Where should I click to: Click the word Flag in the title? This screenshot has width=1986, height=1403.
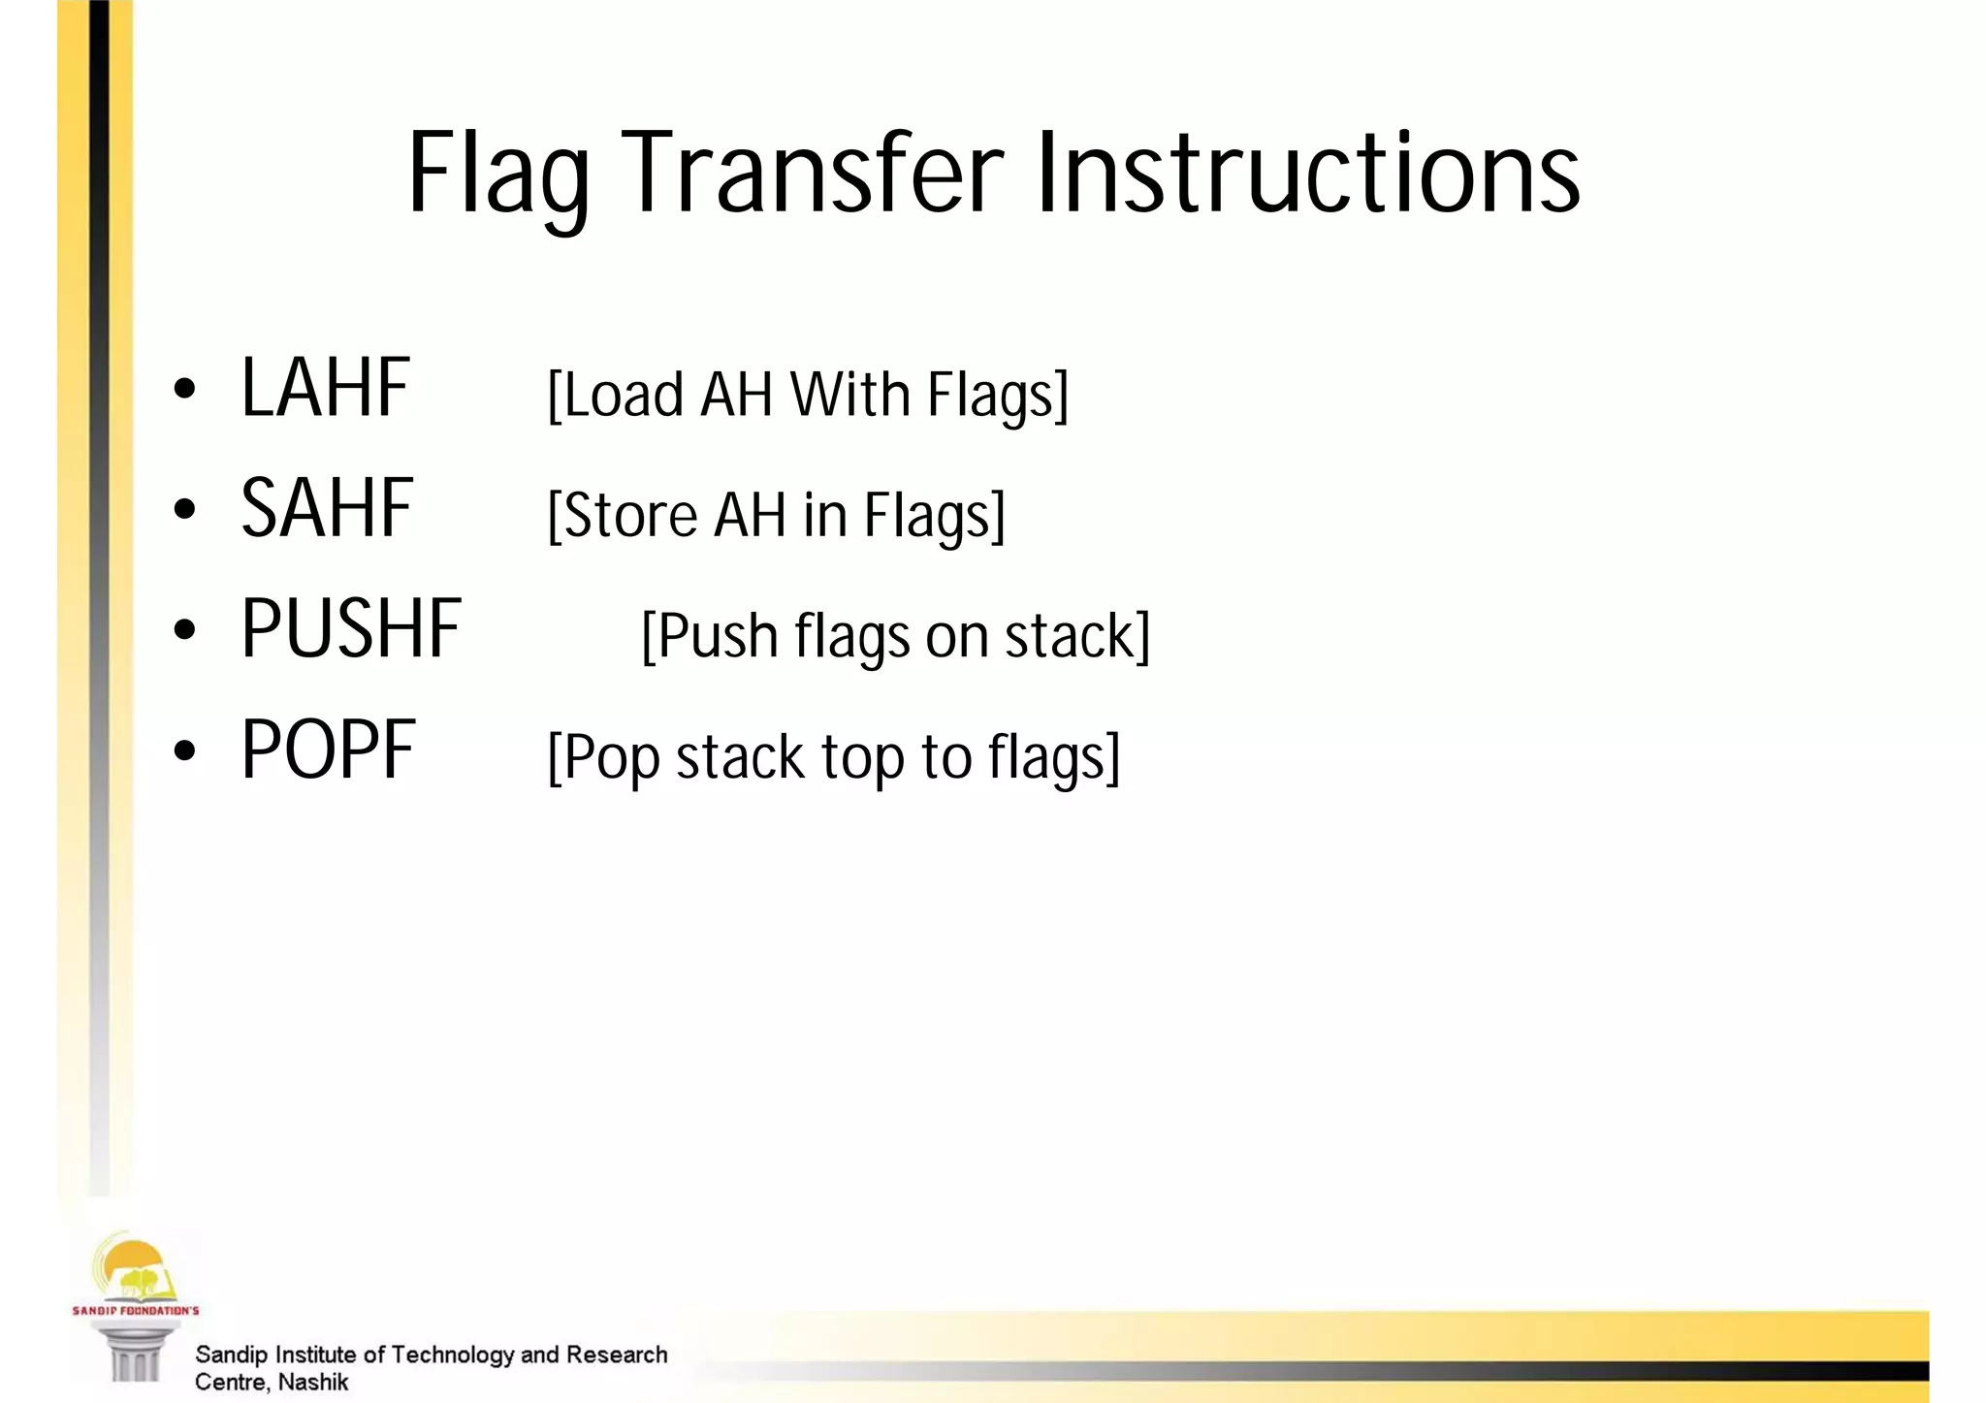(x=498, y=175)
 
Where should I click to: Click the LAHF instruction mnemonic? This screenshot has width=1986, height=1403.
(x=326, y=388)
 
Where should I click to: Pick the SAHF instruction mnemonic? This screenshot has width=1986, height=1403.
(x=327, y=509)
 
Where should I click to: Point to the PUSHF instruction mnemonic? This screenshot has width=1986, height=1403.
(x=351, y=630)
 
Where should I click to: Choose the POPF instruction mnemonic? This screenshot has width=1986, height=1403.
(x=328, y=750)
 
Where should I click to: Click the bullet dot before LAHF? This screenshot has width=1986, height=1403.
(x=184, y=390)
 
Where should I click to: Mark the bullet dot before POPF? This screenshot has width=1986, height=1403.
(x=184, y=750)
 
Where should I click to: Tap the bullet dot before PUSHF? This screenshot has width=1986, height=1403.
(x=184, y=630)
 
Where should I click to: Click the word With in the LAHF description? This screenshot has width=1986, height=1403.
(x=849, y=395)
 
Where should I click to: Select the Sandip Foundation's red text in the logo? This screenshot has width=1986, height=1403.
(x=136, y=1311)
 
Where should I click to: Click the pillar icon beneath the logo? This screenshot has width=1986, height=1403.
(x=136, y=1354)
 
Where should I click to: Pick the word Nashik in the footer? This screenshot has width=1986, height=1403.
(x=313, y=1383)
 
